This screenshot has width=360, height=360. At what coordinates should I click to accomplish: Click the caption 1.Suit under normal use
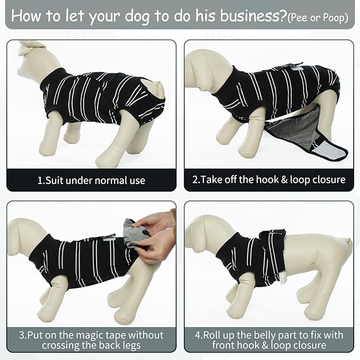(91, 180)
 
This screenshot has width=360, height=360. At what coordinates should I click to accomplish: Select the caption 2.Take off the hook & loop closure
(269, 180)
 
